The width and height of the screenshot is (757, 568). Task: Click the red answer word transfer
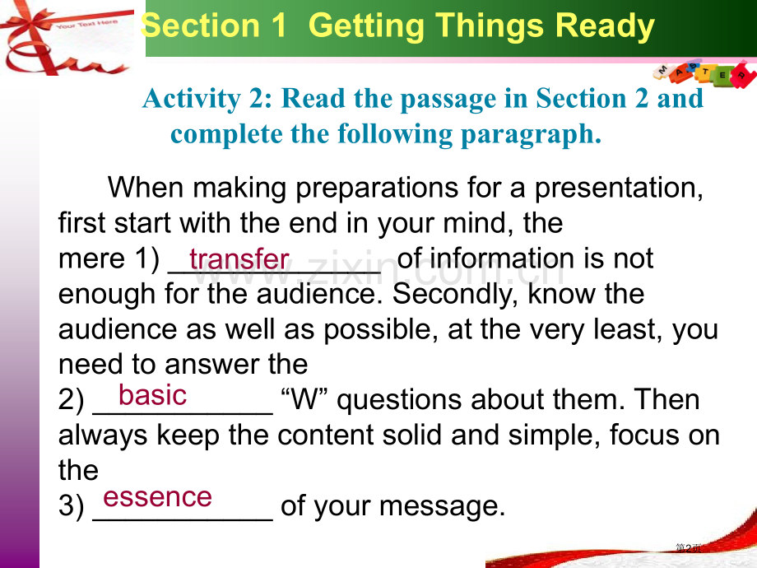pos(239,258)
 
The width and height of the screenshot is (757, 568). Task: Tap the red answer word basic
pos(152,395)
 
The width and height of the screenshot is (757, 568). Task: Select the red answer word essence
pos(157,497)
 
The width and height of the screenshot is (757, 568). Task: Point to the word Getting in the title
pos(366,26)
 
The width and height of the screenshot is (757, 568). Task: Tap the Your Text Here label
pos(87,24)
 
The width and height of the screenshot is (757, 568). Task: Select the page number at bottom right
pos(689,547)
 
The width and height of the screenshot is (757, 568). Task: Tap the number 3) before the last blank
pos(72,506)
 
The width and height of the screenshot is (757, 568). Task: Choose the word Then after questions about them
pos(666,399)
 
